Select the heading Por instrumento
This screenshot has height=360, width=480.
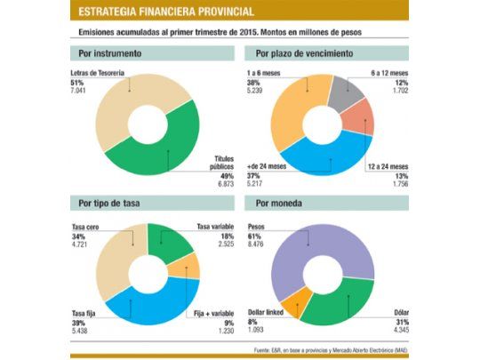tap(112, 53)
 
